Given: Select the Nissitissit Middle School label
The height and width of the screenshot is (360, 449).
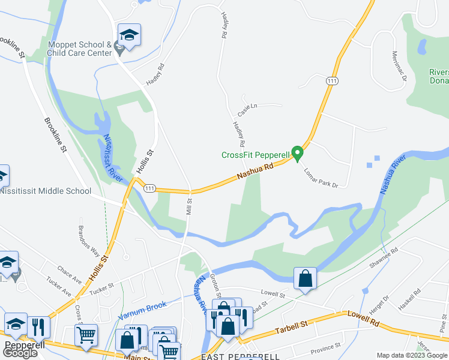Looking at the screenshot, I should pos(46,191).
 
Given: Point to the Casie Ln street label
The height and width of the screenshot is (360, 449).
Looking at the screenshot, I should pos(247,110).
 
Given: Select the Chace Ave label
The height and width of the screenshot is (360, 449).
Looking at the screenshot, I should pos(70,274).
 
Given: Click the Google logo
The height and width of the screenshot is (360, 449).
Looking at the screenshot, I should pos(20,353).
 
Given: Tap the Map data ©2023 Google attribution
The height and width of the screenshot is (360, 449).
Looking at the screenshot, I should pos(411,355).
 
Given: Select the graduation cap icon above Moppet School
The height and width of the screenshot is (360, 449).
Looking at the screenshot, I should pos(129,35).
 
